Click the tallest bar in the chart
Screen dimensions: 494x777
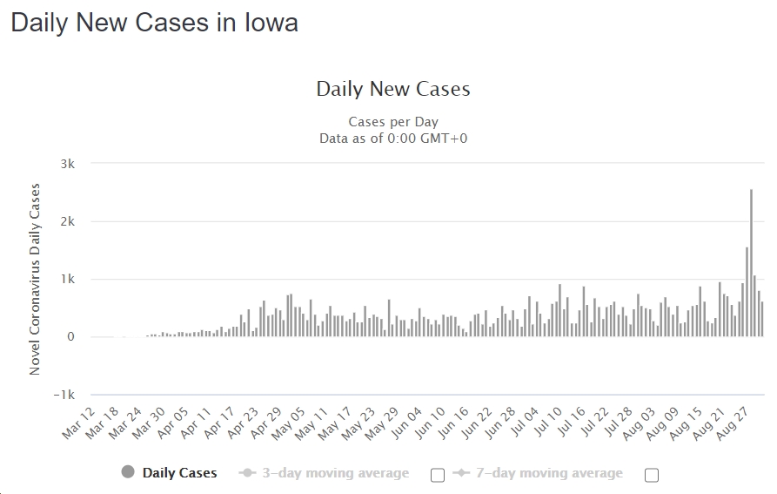[751, 261]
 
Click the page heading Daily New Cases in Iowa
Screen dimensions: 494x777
[154, 24]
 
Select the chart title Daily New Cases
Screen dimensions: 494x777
[392, 89]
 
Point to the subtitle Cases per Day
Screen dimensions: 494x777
[393, 122]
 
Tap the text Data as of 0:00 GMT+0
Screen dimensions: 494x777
[393, 138]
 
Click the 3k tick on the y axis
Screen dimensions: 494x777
[67, 164]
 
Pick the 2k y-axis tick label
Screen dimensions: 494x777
[67, 221]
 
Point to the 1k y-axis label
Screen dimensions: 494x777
[67, 280]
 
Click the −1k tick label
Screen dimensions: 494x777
[63, 395]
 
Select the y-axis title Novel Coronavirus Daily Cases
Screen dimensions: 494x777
[36, 279]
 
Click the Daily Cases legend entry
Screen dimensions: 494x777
[179, 473]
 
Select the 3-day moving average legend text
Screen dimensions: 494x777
[336, 473]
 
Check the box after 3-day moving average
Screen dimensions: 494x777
[438, 475]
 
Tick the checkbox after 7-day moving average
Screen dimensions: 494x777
[652, 475]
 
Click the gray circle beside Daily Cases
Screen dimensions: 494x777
[129, 472]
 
